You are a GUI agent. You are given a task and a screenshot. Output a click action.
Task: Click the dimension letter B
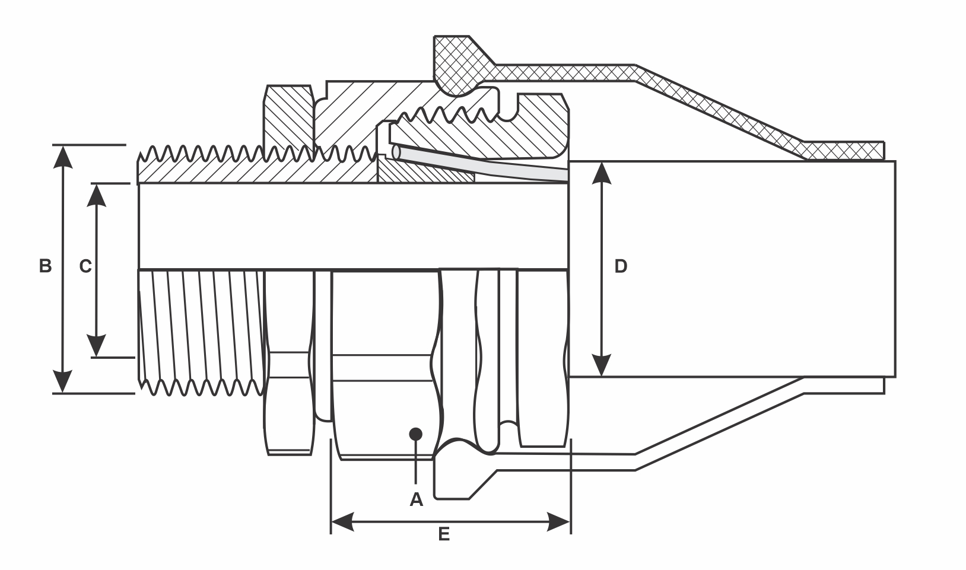[x=45, y=266]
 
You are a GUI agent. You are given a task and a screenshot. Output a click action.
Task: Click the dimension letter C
[x=85, y=266]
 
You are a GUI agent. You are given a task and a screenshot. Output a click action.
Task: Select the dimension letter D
[x=620, y=266]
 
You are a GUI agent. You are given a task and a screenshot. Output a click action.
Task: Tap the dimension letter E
[x=444, y=534]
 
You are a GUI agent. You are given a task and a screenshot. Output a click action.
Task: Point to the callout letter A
[x=417, y=499]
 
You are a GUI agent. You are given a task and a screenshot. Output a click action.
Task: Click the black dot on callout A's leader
[x=416, y=434]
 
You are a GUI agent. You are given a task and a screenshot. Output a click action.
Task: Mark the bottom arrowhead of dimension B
[x=63, y=383]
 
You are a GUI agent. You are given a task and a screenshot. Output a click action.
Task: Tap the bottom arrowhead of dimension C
[x=96, y=347]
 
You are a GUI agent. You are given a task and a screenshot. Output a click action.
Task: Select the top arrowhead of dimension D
[x=602, y=172]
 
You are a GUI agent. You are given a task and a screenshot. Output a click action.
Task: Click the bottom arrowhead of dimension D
[x=602, y=366]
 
